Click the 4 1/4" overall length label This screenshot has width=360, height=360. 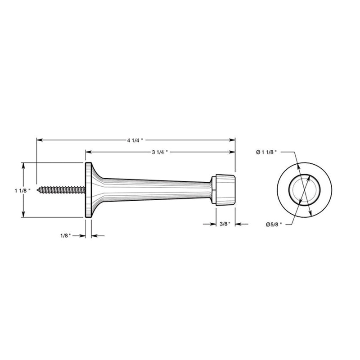[135, 140]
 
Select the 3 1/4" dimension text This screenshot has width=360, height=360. [160, 152]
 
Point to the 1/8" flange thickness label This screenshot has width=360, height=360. [66, 236]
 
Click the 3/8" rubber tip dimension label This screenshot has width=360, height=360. [225, 224]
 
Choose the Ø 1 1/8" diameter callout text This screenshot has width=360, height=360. [266, 152]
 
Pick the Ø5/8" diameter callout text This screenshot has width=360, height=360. [274, 225]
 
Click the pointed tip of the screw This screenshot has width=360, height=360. [37, 190]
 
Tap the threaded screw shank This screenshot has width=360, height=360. [61, 190]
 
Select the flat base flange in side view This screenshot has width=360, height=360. [88, 190]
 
